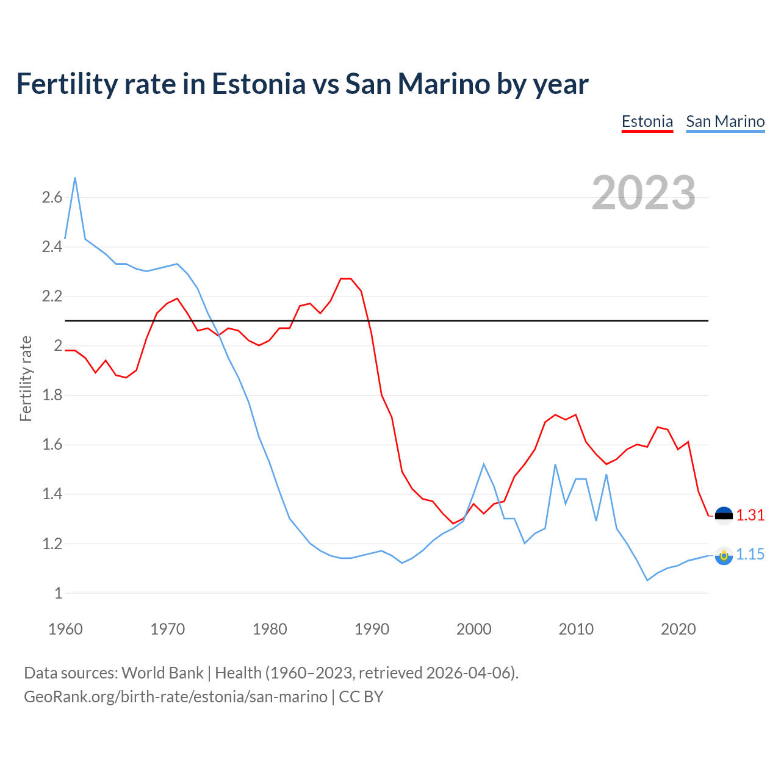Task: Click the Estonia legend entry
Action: point(647,121)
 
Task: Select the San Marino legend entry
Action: point(725,121)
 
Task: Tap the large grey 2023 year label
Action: point(644,193)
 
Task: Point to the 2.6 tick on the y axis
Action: point(52,197)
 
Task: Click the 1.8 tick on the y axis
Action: point(52,395)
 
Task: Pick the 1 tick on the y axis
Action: point(58,593)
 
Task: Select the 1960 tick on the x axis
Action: point(65,629)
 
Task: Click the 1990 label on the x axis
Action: point(372,629)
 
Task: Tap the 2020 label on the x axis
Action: point(678,629)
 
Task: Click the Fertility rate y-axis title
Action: point(26,378)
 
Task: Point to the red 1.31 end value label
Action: point(750,515)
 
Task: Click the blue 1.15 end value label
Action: point(750,554)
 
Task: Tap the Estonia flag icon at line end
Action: point(724,516)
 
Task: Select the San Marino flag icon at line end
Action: point(724,555)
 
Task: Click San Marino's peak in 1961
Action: point(75,178)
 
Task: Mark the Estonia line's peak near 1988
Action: point(346,279)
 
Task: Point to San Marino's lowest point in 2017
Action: point(647,580)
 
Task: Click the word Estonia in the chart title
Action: point(259,84)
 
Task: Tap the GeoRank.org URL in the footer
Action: point(176,696)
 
